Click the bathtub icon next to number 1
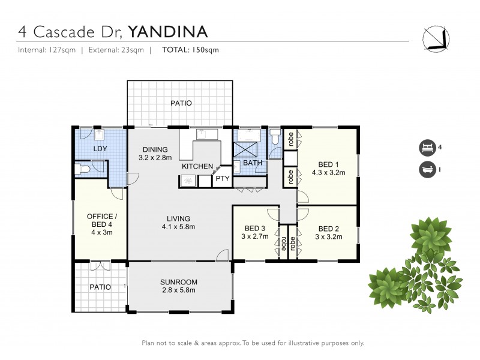click(x=427, y=169)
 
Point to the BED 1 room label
click(x=328, y=169)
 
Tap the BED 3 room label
click(x=255, y=232)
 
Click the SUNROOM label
click(x=179, y=286)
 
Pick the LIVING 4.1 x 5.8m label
click(x=179, y=222)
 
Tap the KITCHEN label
click(x=197, y=166)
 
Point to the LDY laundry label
click(x=100, y=149)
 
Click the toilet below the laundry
click(x=84, y=170)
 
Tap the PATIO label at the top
click(x=181, y=103)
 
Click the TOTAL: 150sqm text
click(x=190, y=50)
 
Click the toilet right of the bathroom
click(x=274, y=140)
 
